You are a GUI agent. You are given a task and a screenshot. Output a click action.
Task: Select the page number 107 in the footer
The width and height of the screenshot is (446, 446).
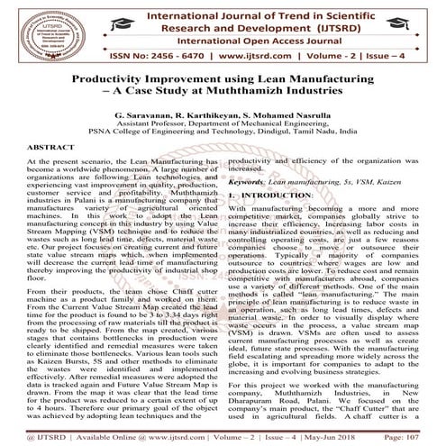click(426, 437)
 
